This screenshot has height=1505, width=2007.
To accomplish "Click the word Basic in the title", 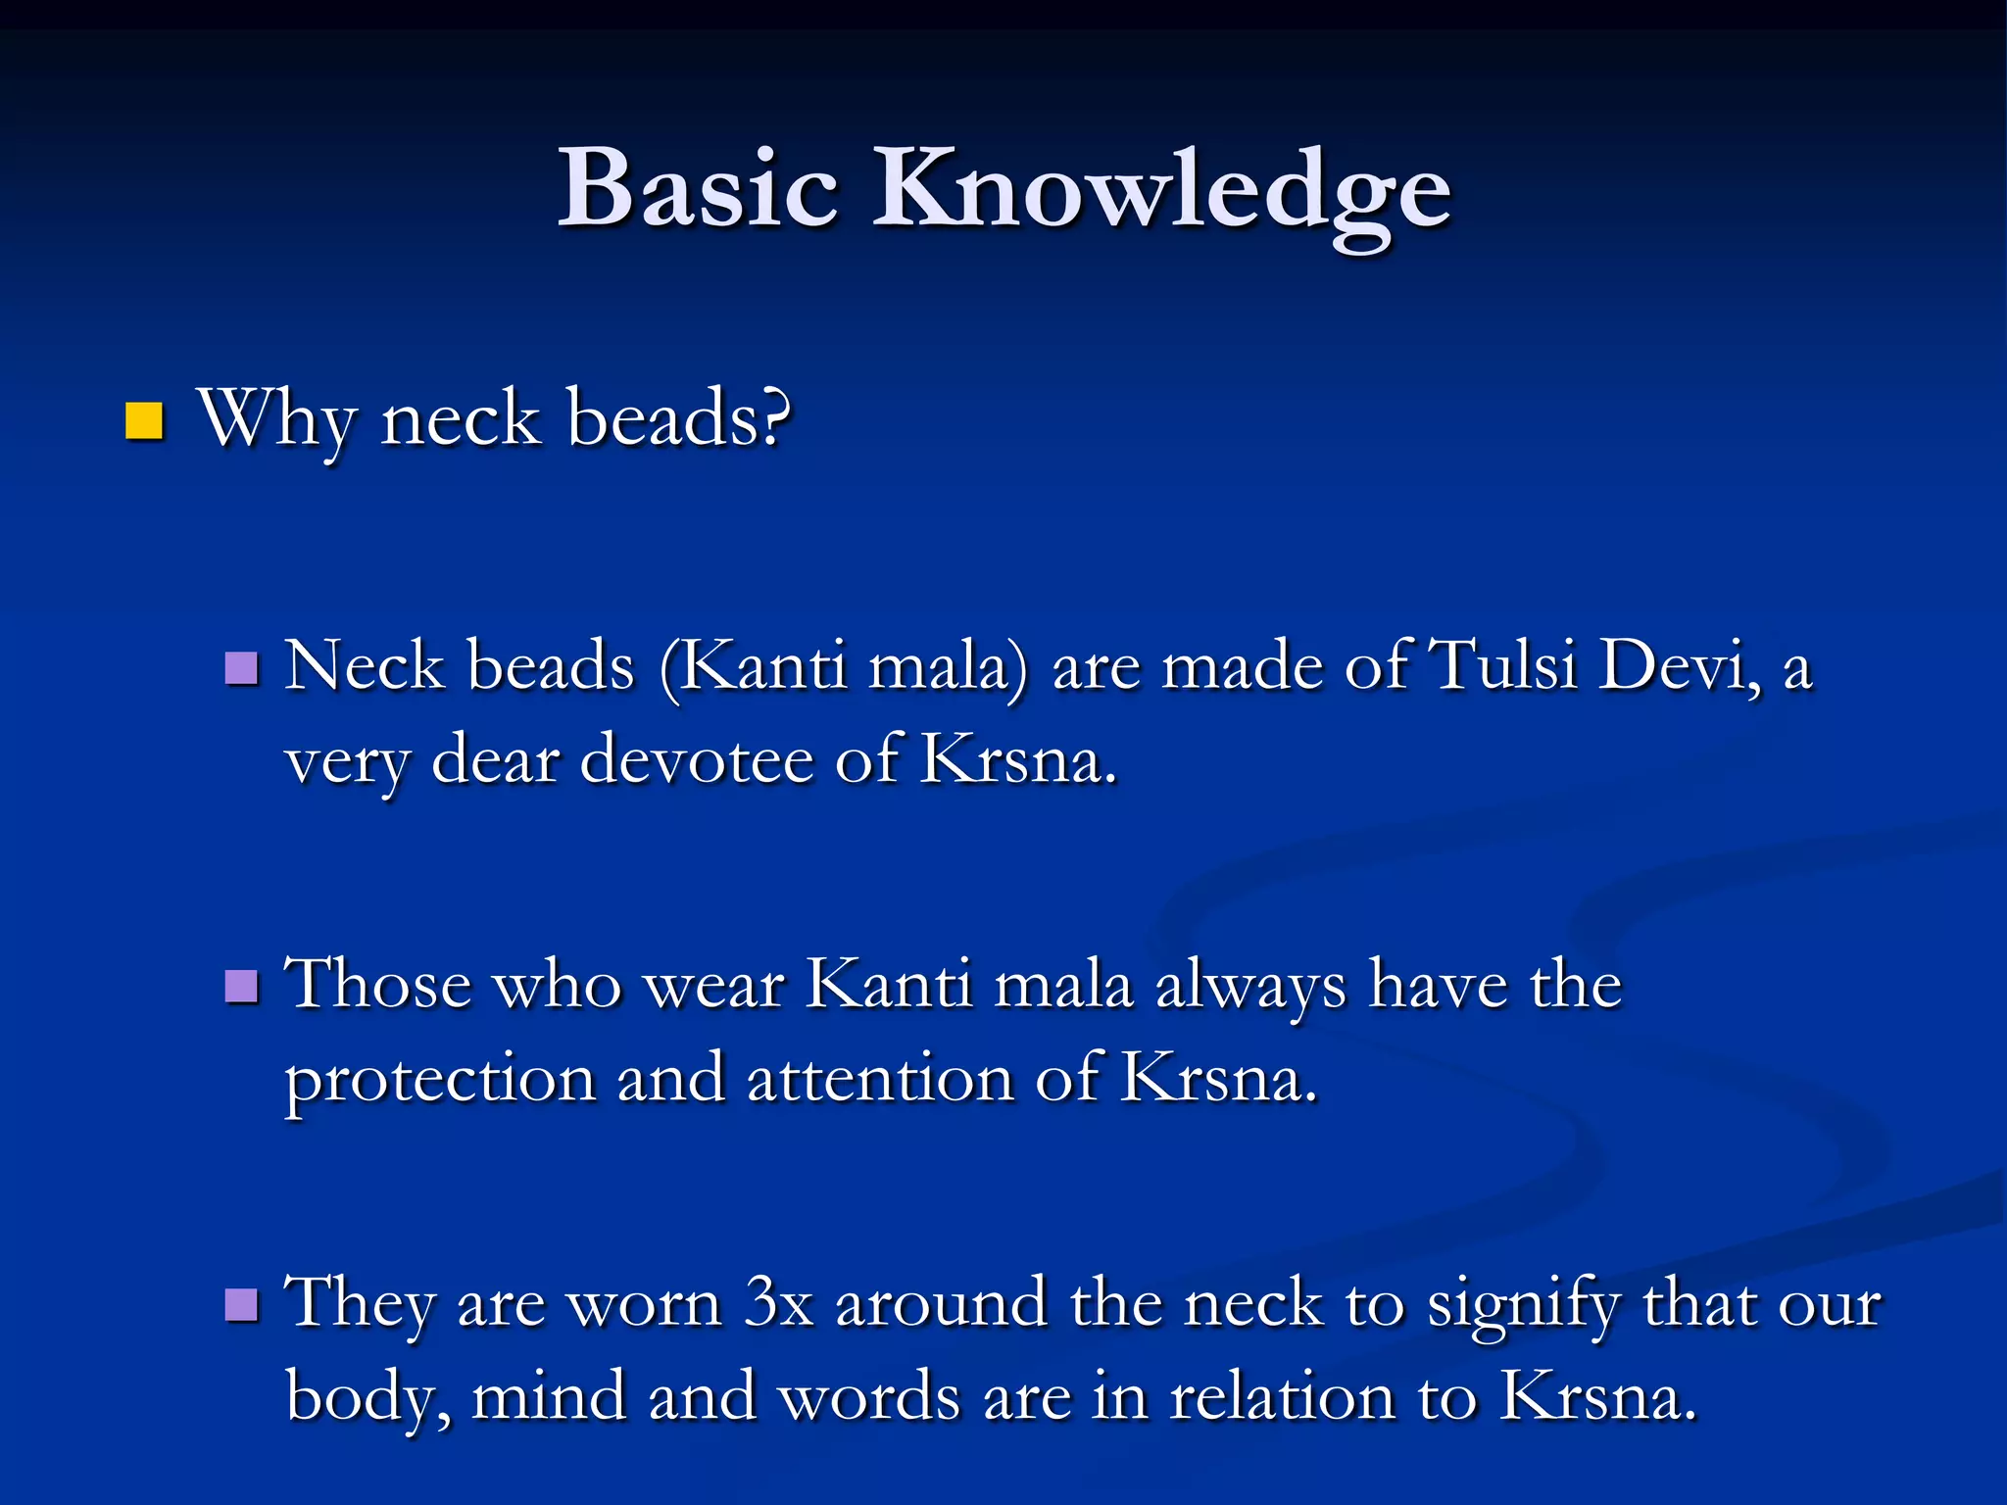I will pyautogui.click(x=698, y=188).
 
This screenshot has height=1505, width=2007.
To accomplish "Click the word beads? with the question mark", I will pyautogui.click(x=678, y=418).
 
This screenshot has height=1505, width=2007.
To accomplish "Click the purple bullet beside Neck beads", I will pyautogui.click(x=241, y=669).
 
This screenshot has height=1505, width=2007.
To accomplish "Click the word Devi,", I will pyautogui.click(x=1682, y=666).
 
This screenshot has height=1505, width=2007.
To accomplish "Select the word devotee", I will pyautogui.click(x=696, y=760).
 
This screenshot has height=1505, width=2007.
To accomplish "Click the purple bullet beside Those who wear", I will pyautogui.click(x=241, y=987).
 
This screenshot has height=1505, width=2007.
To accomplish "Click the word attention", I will pyautogui.click(x=879, y=1079).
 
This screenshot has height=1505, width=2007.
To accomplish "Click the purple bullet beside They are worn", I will pyautogui.click(x=241, y=1305).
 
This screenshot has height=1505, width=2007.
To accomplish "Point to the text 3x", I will pyautogui.click(x=779, y=1303).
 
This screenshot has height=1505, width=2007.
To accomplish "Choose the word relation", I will pyautogui.click(x=1283, y=1397).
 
